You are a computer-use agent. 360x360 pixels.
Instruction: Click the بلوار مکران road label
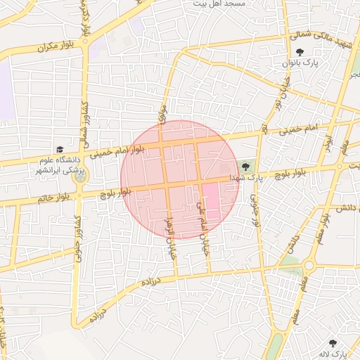click(x=56, y=46)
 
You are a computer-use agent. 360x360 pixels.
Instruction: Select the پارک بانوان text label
click(x=300, y=63)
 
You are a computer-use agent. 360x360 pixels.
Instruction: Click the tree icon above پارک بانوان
click(x=300, y=52)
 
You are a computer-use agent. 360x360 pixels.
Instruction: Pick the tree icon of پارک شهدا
click(x=245, y=167)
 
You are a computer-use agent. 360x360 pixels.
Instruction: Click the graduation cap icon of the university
click(x=60, y=150)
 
